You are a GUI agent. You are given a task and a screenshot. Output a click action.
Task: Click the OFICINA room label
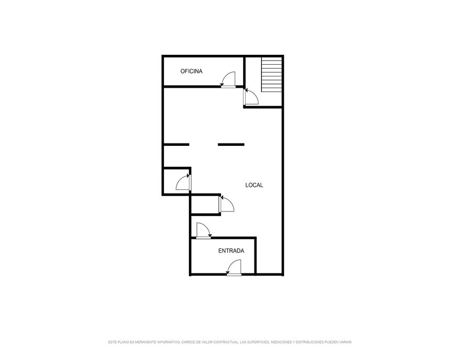191,71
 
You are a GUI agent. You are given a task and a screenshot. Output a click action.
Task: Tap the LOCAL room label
254,185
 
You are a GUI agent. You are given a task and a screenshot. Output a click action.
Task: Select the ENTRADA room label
231,251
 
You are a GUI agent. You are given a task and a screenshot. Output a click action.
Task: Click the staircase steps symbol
271,75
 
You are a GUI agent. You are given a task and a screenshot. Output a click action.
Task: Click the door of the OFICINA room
228,80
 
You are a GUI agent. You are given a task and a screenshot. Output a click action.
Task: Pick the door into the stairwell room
251,97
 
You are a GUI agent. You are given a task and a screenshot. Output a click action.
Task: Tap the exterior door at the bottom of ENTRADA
234,268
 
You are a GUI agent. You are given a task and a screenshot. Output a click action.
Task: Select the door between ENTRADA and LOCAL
203,230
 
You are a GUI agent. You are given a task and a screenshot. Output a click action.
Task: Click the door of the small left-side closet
184,182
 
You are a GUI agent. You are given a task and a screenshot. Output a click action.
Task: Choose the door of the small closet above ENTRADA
226,204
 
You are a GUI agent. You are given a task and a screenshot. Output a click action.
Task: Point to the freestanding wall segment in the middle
231,144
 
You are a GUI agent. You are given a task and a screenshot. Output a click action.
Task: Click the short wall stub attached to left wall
176,144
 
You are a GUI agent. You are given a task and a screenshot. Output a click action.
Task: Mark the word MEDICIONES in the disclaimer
281,342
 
